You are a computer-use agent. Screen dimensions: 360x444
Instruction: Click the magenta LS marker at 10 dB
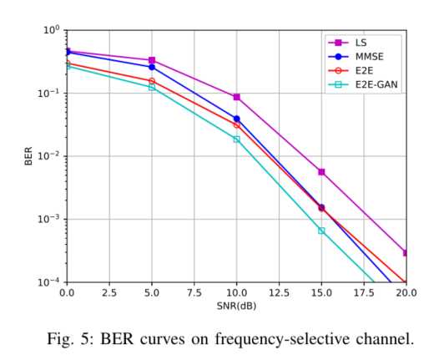tap(237, 97)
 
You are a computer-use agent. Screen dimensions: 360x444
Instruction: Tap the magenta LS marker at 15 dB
tap(321, 172)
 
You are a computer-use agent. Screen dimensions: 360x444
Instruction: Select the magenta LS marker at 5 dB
tap(152, 60)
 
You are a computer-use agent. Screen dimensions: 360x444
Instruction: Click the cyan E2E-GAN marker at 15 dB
tap(321, 231)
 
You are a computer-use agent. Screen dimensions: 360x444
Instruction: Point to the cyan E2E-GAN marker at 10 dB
tap(237, 139)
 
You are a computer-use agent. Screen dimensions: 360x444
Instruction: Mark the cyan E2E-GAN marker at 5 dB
tap(152, 87)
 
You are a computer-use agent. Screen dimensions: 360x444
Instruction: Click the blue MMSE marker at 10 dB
tap(237, 119)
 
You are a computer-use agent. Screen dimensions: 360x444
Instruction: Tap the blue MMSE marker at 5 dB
tap(152, 67)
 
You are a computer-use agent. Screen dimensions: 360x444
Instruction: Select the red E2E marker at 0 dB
tap(67, 63)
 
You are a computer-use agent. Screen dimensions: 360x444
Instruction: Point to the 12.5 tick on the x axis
tap(279, 293)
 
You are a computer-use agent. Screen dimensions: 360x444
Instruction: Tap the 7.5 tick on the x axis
tap(194, 293)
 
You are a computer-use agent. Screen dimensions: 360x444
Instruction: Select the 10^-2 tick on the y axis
tap(51, 156)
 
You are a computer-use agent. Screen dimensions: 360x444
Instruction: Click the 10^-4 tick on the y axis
tap(51, 282)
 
